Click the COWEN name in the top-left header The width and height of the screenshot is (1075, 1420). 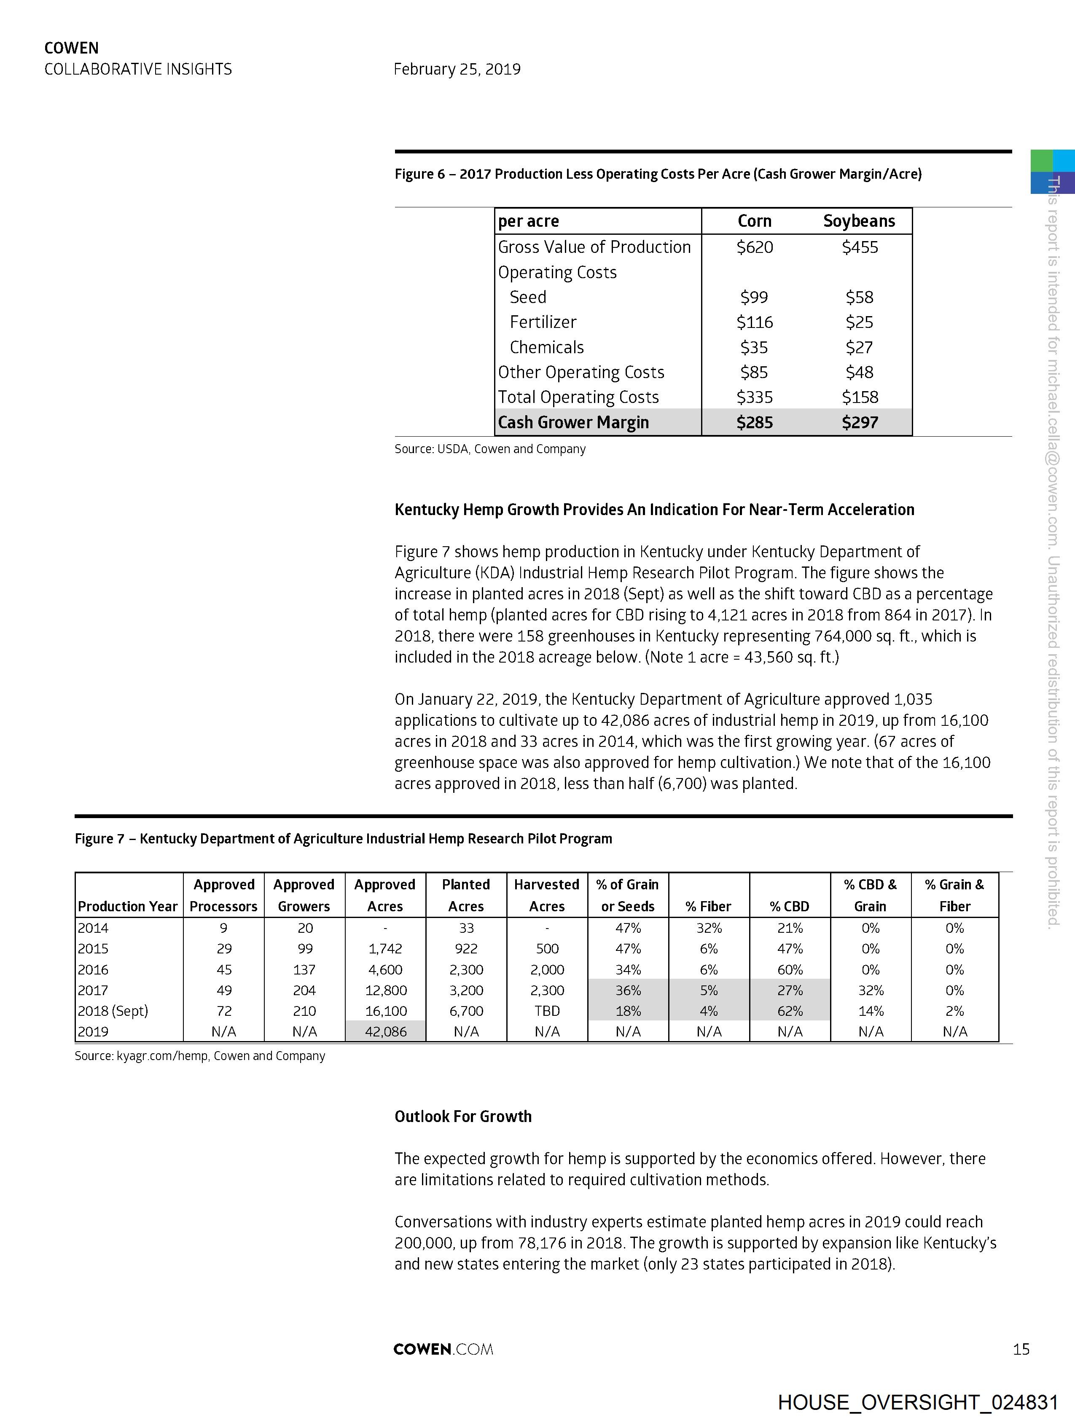[71, 48]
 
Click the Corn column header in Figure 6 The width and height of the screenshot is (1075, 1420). [754, 221]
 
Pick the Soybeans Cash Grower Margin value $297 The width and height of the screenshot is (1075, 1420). [859, 422]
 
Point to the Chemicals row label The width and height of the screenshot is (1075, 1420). [546, 347]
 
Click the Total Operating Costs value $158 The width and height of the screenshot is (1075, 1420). [859, 397]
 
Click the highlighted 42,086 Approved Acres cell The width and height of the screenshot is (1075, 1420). [385, 1032]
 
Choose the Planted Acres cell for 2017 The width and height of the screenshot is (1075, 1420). [466, 991]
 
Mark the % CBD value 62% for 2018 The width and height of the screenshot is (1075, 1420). [790, 1011]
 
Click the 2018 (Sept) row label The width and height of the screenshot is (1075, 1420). [113, 1011]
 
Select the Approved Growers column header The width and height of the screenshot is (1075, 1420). [304, 896]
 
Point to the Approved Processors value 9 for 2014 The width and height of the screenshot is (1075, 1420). [223, 928]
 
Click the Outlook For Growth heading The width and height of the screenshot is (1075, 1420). [463, 1117]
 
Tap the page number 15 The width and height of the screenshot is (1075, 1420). [1021, 1349]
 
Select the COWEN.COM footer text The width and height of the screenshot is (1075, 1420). [443, 1349]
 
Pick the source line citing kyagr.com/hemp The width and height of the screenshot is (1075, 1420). [200, 1056]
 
